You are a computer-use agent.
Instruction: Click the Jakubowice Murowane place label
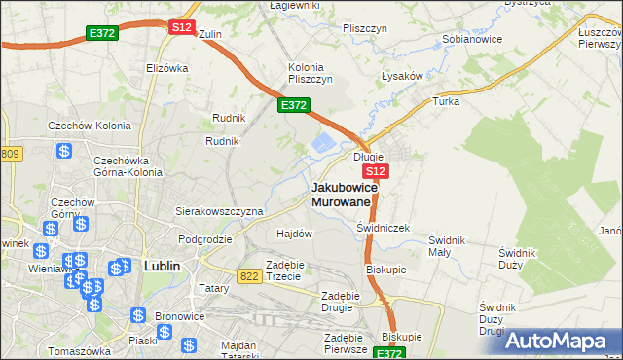[340, 194]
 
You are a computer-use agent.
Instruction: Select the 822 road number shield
[248, 277]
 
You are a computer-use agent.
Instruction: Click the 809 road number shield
[11, 154]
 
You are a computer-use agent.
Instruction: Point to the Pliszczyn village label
[366, 28]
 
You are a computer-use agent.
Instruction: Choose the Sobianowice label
[473, 40]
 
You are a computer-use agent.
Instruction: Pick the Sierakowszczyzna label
[219, 210]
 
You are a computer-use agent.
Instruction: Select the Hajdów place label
[294, 234]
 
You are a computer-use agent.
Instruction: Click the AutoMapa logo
[562, 340]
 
